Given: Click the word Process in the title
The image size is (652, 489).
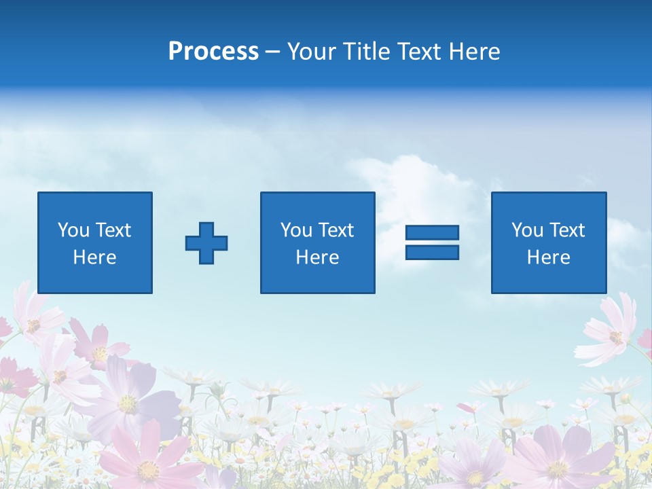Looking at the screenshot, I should (x=213, y=52).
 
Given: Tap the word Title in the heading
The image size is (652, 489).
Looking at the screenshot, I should (x=368, y=52).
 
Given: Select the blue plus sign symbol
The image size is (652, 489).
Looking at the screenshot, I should (x=206, y=243).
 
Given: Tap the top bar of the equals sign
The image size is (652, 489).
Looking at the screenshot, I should (x=432, y=232).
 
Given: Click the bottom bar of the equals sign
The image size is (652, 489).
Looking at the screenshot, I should (x=432, y=252).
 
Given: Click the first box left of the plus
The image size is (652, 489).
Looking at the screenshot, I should (x=95, y=242).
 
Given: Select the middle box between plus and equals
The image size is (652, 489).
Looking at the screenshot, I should (x=317, y=242).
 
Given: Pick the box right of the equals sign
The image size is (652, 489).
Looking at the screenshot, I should (x=549, y=242).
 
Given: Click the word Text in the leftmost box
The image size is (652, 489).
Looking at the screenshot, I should (x=113, y=230).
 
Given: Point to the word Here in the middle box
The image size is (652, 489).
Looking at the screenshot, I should (x=317, y=257).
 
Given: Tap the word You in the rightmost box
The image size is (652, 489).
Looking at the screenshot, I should (x=527, y=230).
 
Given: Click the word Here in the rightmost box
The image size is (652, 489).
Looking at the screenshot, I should (x=549, y=257).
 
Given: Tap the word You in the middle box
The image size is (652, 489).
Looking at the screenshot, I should (x=296, y=230).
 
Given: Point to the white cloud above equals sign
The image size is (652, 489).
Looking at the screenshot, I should (x=407, y=183).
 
